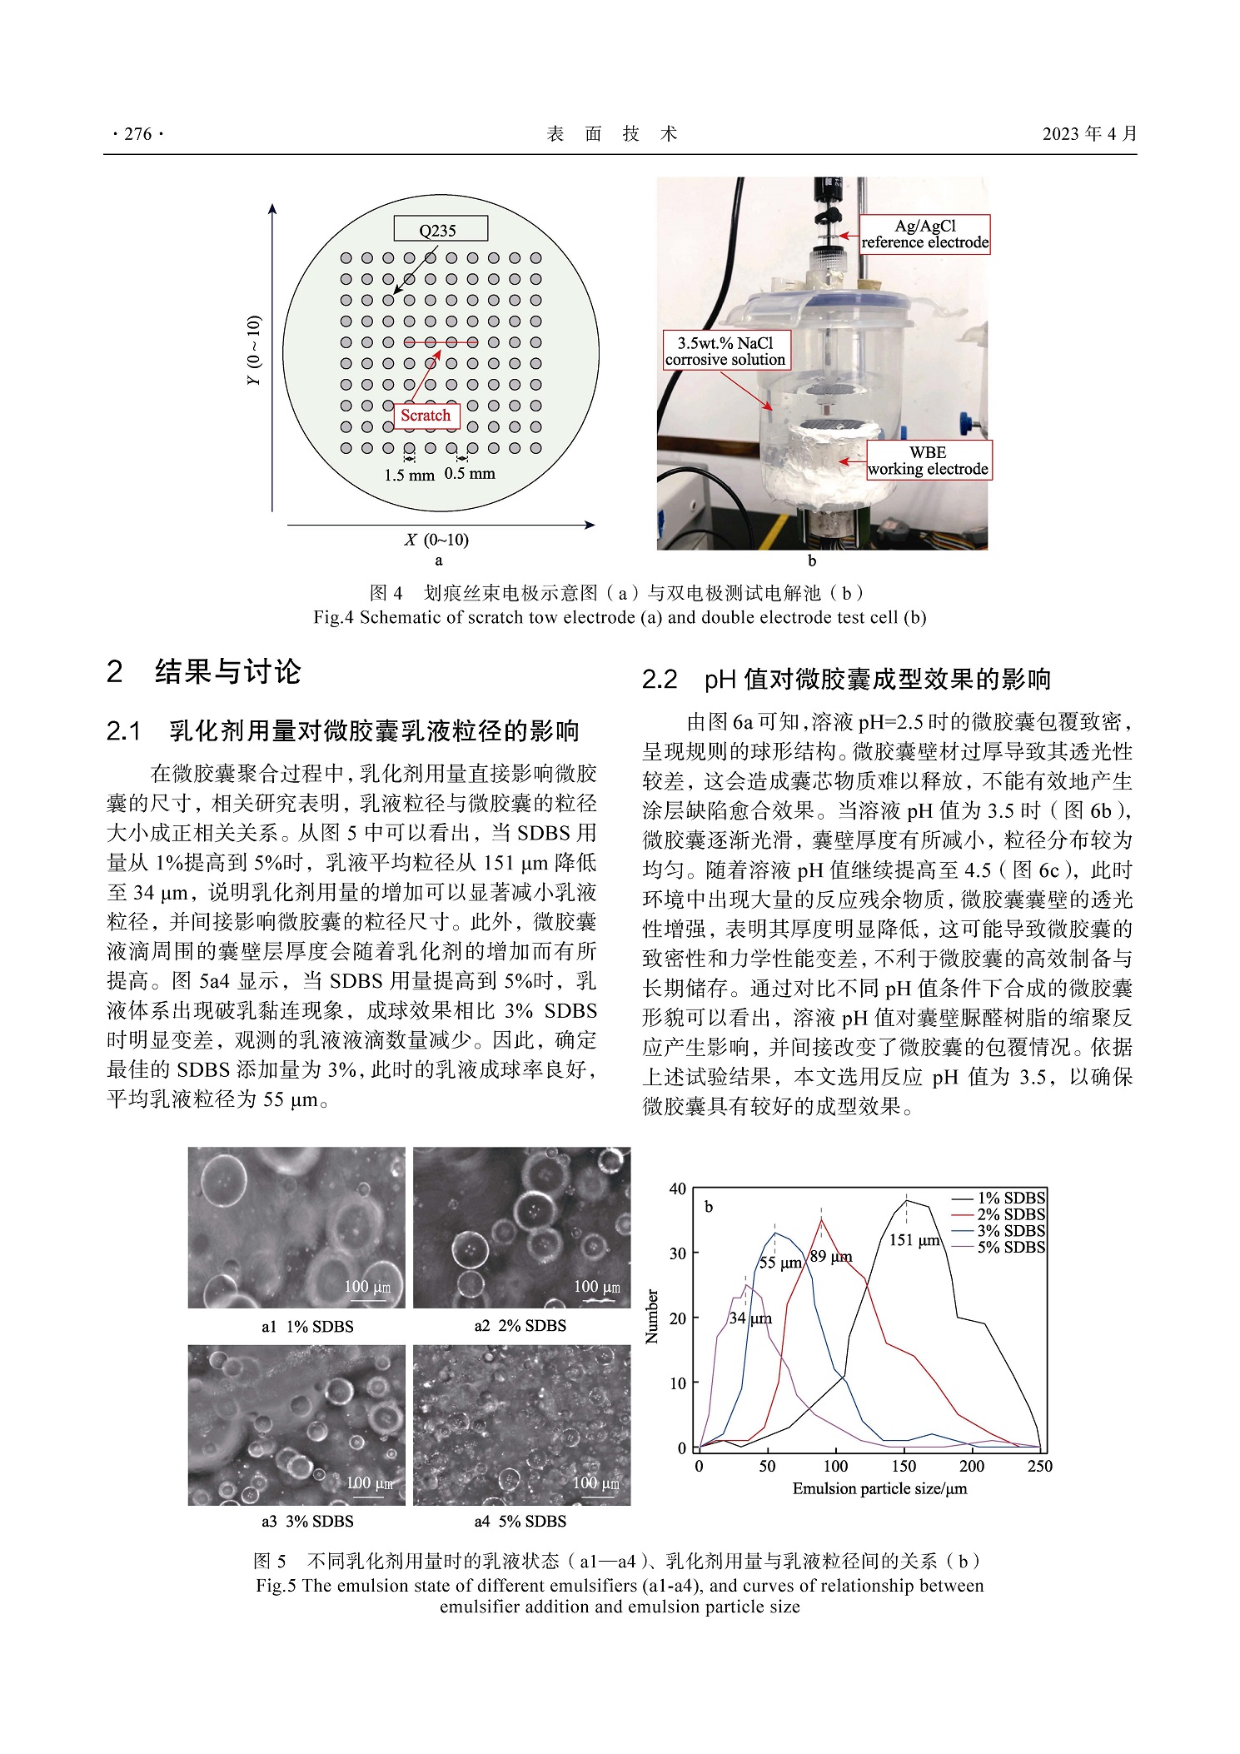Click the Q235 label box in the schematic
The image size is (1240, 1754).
tap(440, 230)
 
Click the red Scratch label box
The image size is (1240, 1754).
tap(426, 416)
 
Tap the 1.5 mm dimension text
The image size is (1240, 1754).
tap(409, 476)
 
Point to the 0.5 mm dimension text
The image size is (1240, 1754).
tap(470, 474)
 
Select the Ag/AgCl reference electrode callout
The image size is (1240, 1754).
tap(924, 234)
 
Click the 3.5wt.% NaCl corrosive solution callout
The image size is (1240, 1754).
tap(725, 351)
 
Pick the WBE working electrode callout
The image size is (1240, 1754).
tap(928, 461)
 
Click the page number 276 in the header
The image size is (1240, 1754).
tap(137, 133)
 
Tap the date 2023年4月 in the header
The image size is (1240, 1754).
tap(1089, 133)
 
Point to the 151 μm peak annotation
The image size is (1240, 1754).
tap(914, 1240)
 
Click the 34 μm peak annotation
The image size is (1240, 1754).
tap(749, 1318)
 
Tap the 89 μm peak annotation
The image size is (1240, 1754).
tap(830, 1257)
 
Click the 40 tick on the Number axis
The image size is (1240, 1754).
tap(678, 1188)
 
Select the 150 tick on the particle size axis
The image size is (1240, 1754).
tap(904, 1467)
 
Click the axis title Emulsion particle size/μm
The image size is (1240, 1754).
tap(879, 1488)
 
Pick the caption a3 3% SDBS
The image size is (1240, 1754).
tap(307, 1522)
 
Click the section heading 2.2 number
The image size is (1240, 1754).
tap(660, 680)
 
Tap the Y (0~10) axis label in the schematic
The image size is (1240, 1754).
tap(254, 350)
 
